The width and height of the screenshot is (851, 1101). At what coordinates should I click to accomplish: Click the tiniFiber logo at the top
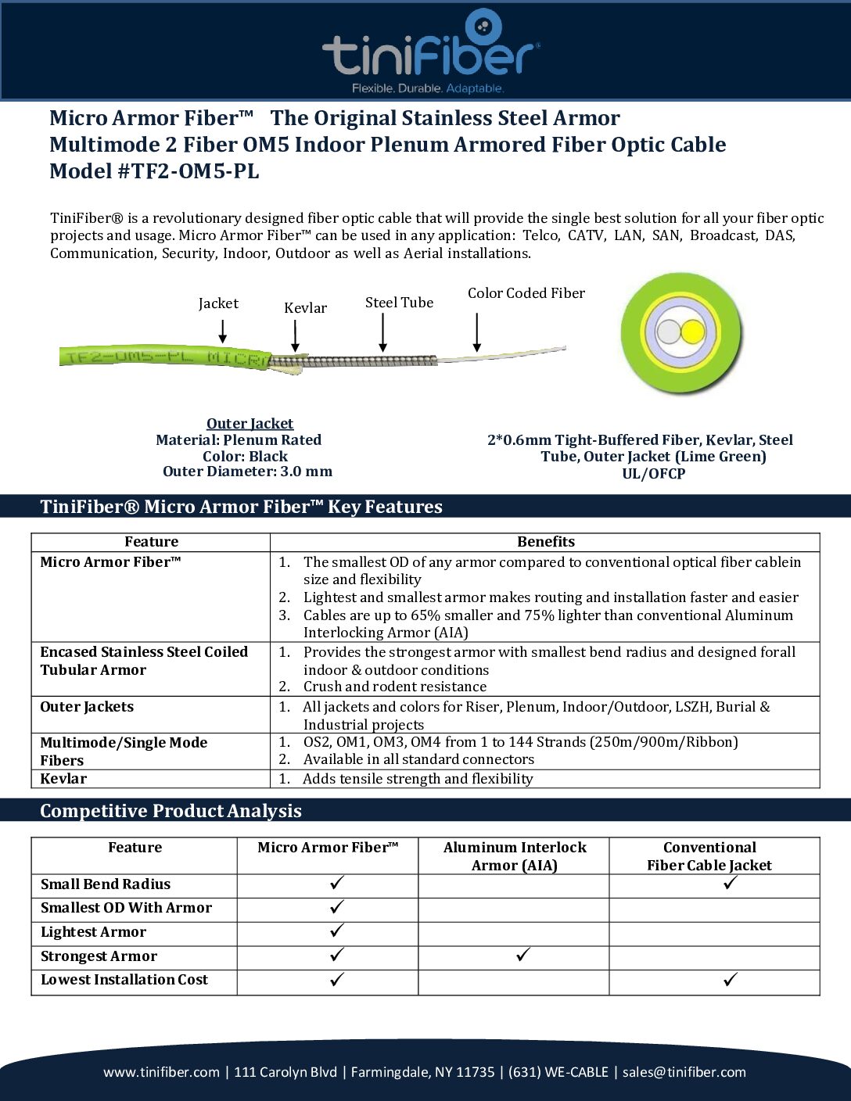coord(429,52)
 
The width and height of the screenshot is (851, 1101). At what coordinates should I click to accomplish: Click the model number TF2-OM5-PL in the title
coord(188,171)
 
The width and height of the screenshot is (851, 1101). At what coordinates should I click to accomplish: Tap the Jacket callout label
coord(218,303)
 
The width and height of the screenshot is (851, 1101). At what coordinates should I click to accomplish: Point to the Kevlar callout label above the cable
coord(305,308)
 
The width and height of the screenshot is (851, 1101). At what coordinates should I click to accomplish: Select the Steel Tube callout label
coord(399,303)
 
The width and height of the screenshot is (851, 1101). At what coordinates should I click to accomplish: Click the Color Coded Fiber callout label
coord(526,293)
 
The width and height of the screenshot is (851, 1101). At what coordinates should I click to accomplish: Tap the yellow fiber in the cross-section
coord(693,332)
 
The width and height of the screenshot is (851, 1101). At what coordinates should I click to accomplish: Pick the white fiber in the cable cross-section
coord(669,332)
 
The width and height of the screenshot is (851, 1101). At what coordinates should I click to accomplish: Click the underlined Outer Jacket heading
coord(250,424)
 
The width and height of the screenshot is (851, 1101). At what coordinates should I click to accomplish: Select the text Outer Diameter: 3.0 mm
coord(247,472)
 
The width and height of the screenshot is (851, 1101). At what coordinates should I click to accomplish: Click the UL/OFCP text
coord(653,474)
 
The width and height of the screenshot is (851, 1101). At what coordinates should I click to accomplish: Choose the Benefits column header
coord(545,542)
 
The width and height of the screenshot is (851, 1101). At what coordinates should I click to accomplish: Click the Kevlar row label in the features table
coord(63,779)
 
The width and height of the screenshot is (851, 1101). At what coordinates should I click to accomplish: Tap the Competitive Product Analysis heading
coord(171,811)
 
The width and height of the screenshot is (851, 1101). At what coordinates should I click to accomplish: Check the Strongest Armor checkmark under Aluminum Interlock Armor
coord(523,955)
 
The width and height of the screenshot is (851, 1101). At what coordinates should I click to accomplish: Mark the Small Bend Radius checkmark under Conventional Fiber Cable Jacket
coord(731,883)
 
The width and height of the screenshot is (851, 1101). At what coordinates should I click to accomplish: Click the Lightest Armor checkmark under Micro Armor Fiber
coord(336,931)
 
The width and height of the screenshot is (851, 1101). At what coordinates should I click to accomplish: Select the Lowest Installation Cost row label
coord(124,980)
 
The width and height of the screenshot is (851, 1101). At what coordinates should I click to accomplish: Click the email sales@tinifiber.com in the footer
coord(684,1072)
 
